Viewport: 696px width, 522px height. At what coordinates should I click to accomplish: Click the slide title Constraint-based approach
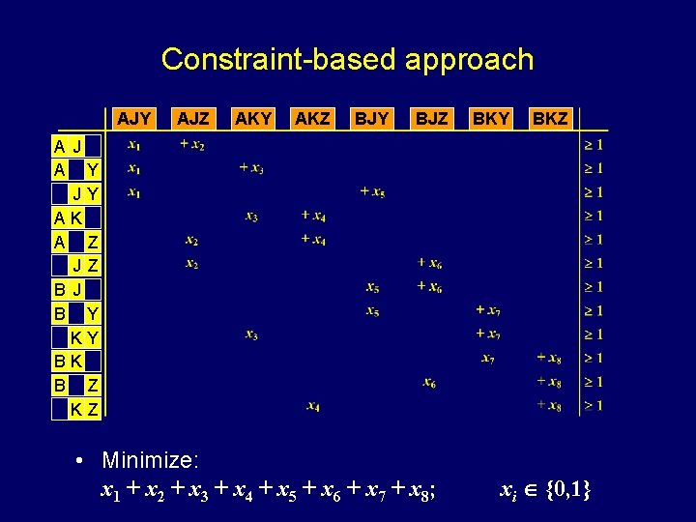point(347,59)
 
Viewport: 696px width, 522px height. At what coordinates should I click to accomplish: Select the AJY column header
point(134,119)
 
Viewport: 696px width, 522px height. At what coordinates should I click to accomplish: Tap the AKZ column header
point(312,119)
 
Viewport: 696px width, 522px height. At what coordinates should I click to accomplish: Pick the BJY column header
point(371,119)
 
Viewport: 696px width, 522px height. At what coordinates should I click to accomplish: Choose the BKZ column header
point(550,119)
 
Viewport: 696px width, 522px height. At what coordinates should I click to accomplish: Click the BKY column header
point(491,119)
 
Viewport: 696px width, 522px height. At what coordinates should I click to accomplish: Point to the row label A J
point(68,147)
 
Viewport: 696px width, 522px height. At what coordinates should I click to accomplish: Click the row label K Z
point(84,409)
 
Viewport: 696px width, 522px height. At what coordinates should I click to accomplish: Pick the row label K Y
point(84,337)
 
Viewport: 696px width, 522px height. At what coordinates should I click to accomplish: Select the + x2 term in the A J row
point(192,145)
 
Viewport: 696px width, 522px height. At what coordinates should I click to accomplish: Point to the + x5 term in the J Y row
point(372,192)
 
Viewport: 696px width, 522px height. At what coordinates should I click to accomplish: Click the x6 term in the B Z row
point(430,383)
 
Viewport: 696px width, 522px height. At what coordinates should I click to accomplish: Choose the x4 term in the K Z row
point(313,406)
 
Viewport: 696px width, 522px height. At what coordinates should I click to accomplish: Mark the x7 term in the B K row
point(488,359)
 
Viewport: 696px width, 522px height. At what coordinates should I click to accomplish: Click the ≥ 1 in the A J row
point(593,145)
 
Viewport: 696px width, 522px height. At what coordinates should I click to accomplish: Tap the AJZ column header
point(194,119)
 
